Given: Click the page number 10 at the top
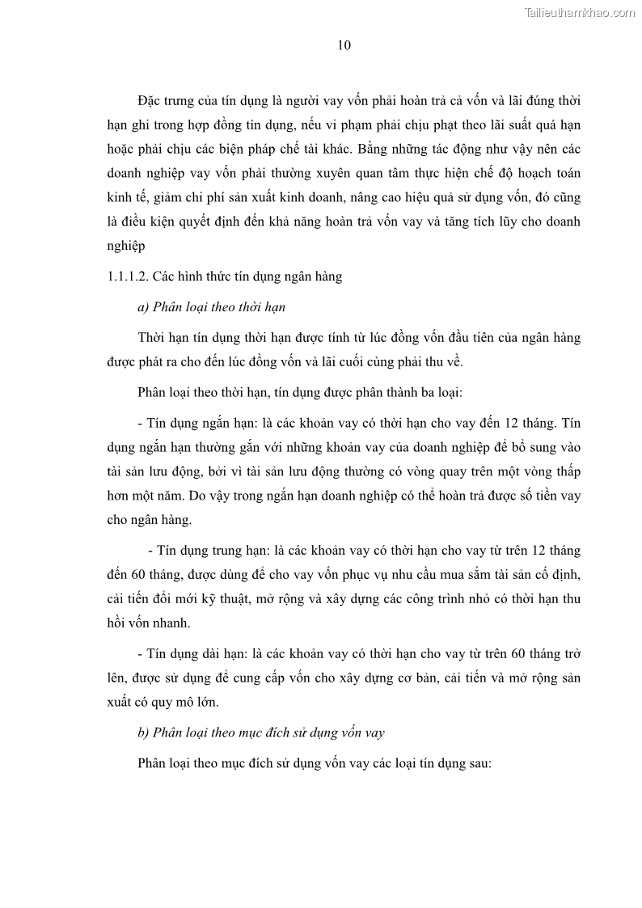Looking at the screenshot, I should (x=344, y=45).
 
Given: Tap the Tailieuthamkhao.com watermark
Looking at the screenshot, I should (x=581, y=12).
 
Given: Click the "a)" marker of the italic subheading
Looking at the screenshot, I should (x=144, y=307).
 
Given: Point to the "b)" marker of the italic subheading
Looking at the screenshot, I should (x=144, y=733).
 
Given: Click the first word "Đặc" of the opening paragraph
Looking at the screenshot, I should (x=151, y=101).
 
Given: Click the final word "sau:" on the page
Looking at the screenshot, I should (x=478, y=763).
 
